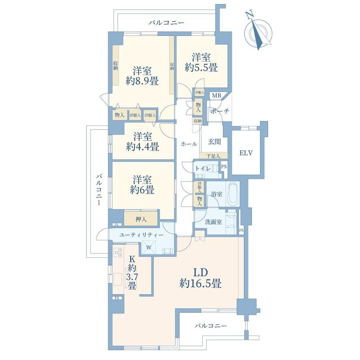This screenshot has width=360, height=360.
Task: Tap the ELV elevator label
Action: pyautogui.click(x=246, y=153)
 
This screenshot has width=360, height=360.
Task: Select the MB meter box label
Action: pyautogui.click(x=216, y=95)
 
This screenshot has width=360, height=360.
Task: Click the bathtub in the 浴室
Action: pyautogui.click(x=233, y=194)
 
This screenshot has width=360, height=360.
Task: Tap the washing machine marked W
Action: pyautogui.click(x=149, y=247)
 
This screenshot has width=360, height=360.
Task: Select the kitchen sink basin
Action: pyautogui.click(x=118, y=279)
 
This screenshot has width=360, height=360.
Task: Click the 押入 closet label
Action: pyautogui.click(x=141, y=219)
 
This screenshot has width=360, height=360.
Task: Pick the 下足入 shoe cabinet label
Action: pyautogui.click(x=213, y=156)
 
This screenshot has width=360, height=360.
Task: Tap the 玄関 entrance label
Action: pyautogui.click(x=214, y=142)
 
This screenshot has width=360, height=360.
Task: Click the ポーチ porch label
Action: pyautogui.click(x=220, y=111)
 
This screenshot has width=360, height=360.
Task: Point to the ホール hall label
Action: pyautogui.click(x=189, y=144)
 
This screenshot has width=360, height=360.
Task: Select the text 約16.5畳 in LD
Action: pyautogui.click(x=200, y=284)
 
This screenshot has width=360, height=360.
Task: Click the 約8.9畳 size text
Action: pyautogui.click(x=142, y=81)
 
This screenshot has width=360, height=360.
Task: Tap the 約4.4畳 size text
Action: pyautogui.click(x=142, y=147)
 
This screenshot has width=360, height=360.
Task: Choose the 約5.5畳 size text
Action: pyautogui.click(x=201, y=67)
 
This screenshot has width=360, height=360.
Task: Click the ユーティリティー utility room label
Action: pyautogui.click(x=141, y=235)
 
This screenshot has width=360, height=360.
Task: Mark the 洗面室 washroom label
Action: pyautogui.click(x=213, y=222)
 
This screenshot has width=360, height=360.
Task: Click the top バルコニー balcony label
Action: pyautogui.click(x=166, y=23)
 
